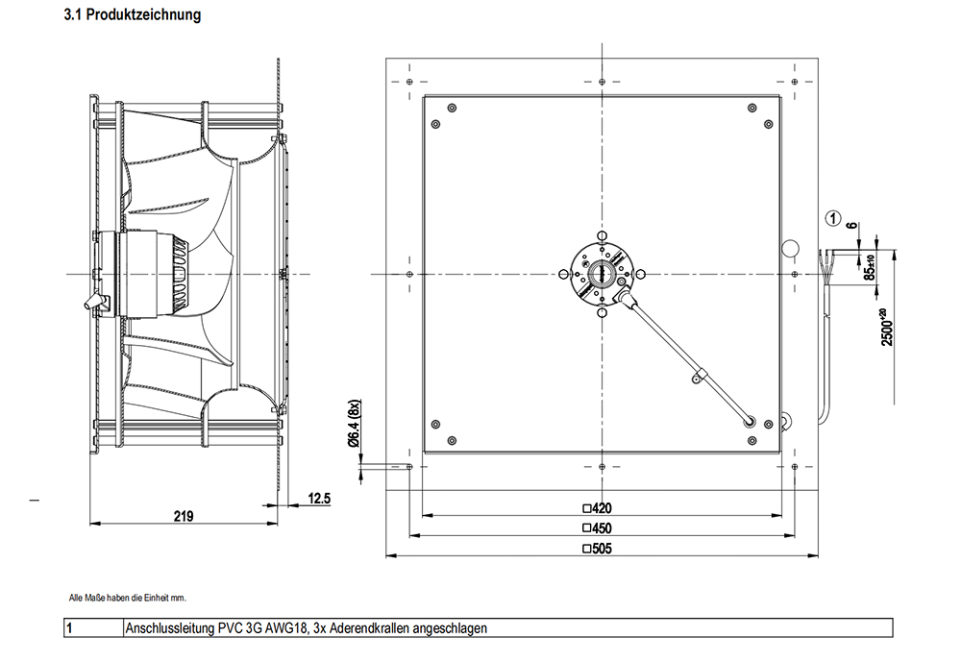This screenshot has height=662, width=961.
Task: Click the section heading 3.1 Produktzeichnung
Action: click(x=132, y=16)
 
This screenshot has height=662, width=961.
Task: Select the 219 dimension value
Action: click(x=184, y=516)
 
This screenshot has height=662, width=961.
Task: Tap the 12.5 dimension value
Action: click(x=319, y=498)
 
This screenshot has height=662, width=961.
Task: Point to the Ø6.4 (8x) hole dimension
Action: click(x=353, y=424)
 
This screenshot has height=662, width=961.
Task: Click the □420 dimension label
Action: click(x=597, y=508)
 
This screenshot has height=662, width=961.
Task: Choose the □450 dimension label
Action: click(x=597, y=528)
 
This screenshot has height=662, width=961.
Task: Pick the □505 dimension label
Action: click(x=597, y=549)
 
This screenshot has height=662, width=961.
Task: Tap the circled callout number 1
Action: click(x=834, y=217)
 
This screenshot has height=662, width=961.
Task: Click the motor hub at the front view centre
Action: click(x=602, y=274)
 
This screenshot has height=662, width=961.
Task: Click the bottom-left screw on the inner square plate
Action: click(x=436, y=424)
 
